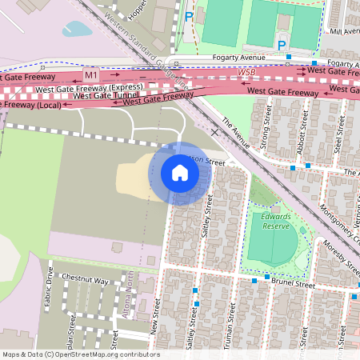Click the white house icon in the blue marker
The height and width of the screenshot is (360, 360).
180,173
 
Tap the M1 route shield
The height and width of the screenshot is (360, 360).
91,75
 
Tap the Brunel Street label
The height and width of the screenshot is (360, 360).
299,283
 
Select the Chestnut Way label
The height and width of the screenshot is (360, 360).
88,281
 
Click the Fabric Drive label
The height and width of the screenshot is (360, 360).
49,286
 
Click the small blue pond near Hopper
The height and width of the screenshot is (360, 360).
78,30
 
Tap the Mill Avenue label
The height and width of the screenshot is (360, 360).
344,32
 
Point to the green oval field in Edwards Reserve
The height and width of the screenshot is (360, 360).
270,238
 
